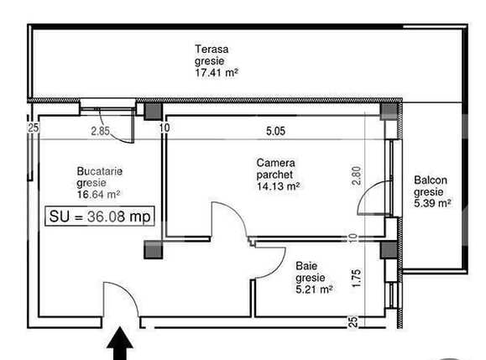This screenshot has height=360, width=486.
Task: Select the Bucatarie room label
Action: pyautogui.click(x=100, y=170)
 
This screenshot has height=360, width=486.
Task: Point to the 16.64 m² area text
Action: pyautogui.click(x=98, y=194)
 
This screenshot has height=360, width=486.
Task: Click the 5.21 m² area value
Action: pyautogui.click(x=314, y=289)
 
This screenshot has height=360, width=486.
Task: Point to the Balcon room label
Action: pyautogui.click(x=431, y=180)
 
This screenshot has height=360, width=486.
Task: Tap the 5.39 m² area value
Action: pyautogui.click(x=432, y=202)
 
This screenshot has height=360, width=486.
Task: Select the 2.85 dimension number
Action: pyautogui.click(x=102, y=130)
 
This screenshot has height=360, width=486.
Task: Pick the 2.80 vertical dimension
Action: pyautogui.click(x=356, y=175)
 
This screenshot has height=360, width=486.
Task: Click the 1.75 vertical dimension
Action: pyautogui.click(x=356, y=278)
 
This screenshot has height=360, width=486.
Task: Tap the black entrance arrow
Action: pyautogui.click(x=121, y=344)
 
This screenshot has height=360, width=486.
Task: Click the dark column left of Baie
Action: pyautogui.click(x=152, y=248)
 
